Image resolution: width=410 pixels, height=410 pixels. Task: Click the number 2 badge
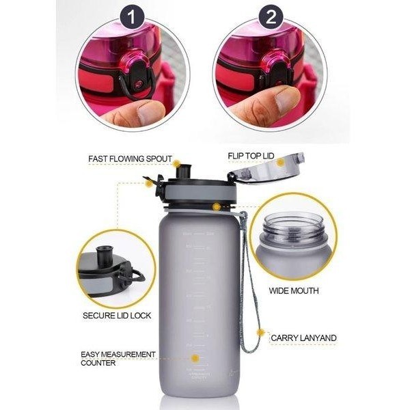[x=270, y=18]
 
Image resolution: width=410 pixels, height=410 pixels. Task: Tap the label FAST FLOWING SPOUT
[x=130, y=159]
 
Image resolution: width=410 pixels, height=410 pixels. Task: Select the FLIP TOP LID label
[x=251, y=156]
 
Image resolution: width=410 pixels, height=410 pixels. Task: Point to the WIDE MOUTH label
[x=293, y=291]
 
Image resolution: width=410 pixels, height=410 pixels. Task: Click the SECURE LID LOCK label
[x=117, y=316]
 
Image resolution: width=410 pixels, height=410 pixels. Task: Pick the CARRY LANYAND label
[x=303, y=338]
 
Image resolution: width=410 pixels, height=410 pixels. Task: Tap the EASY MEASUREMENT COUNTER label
[x=118, y=358]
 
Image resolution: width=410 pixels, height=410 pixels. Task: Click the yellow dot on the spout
[x=176, y=164]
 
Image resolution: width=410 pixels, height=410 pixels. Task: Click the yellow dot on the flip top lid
[x=280, y=163]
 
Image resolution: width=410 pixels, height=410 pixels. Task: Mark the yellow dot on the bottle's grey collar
[x=216, y=206]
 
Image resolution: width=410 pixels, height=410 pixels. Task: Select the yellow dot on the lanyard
[x=260, y=333]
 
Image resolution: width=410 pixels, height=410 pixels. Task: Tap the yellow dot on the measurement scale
[x=195, y=357]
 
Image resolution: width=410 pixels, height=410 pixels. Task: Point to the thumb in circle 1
[x=137, y=112]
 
